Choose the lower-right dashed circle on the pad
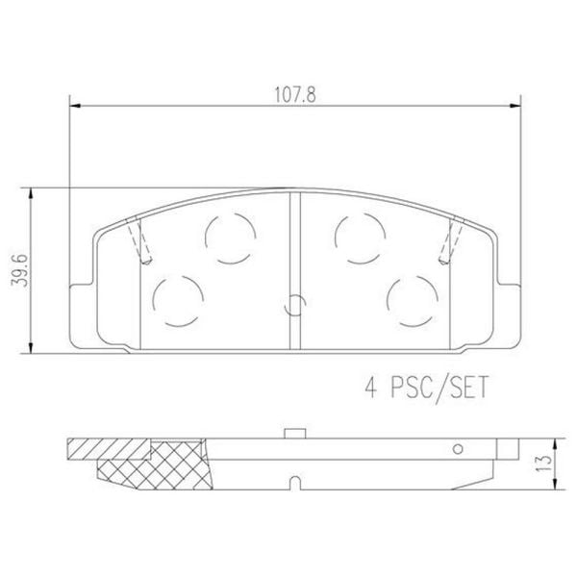tap(410, 301)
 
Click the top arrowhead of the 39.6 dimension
tap(36, 193)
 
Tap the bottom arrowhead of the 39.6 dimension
tap(36, 347)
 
